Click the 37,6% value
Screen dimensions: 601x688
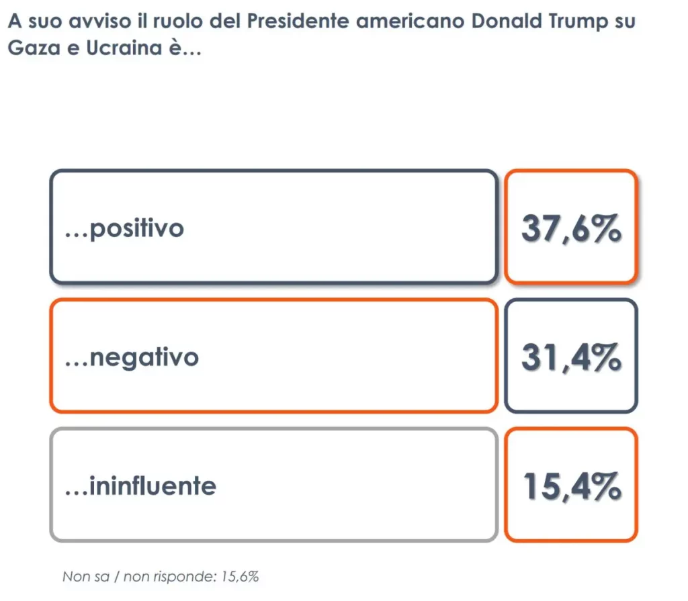pos(570,230)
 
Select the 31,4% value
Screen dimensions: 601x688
pos(570,357)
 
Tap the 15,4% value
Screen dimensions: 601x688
pos(570,486)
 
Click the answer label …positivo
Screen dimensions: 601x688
pos(124,229)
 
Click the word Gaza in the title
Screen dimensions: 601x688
pos(29,50)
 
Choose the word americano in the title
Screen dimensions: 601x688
pos(411,21)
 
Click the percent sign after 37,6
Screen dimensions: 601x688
pos(606,230)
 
